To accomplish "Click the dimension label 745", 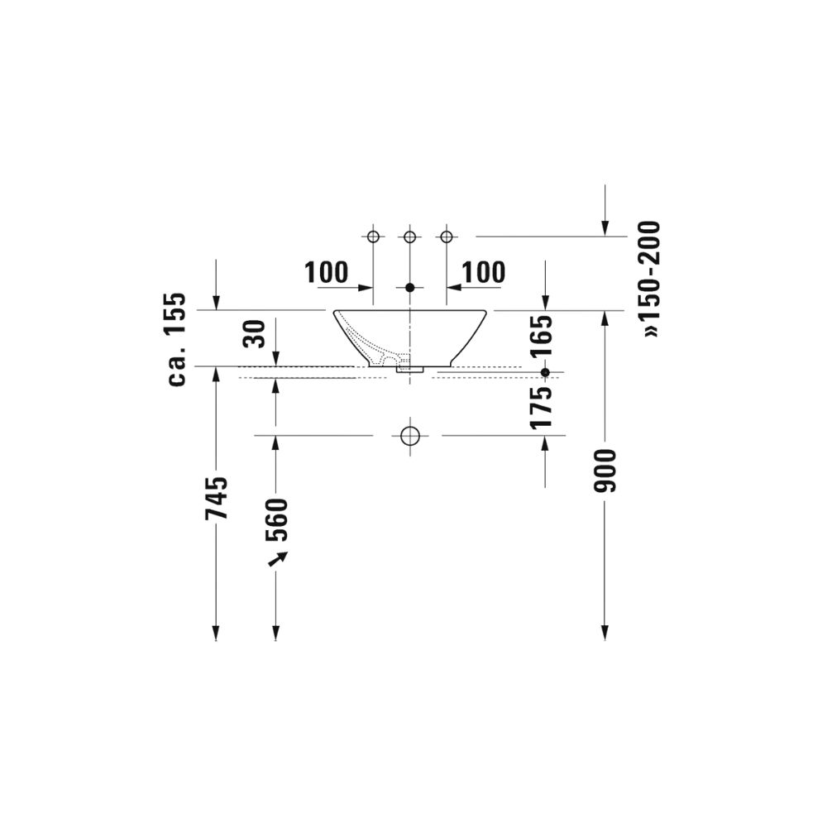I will pos(217,498).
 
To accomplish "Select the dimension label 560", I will pos(275,519).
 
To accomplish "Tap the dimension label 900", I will pos(605,471).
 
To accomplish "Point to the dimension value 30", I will pos(255,333).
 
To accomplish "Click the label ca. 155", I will pos(178,340).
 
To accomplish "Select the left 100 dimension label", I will pos(326,272).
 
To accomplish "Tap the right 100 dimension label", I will pos(483,272).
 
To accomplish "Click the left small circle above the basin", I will pos(372,237).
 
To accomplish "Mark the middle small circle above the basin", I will pos(409,237).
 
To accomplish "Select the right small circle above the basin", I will pos(447,237).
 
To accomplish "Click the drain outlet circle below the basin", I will pos(409,435).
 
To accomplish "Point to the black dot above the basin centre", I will pos(409,288).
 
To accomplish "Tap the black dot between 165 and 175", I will pos(544,373).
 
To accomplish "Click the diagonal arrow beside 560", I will pos(277,559).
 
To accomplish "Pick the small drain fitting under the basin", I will pos(409,370).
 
